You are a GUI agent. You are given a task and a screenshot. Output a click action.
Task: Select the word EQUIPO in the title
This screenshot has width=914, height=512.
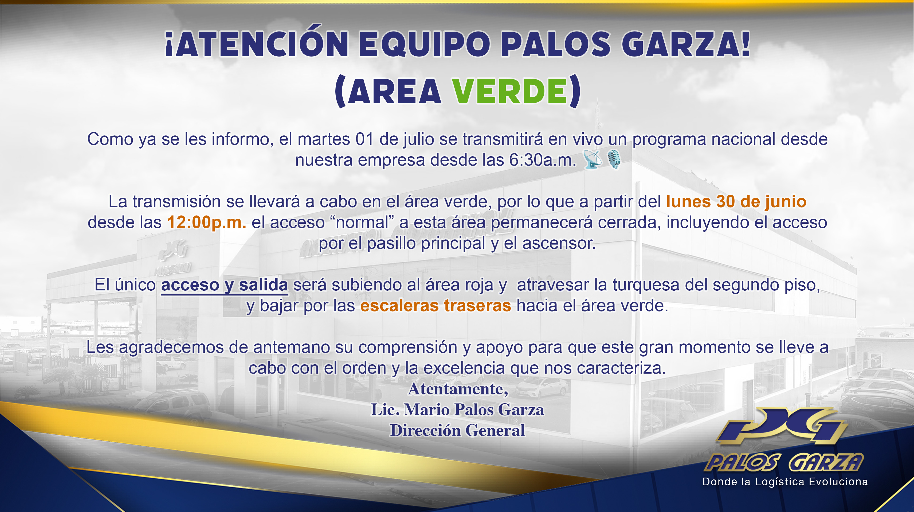point(424,44)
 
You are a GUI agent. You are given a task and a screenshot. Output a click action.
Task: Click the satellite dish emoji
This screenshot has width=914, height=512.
point(593,159)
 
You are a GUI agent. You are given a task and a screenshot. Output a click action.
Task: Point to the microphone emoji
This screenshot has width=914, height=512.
point(614,159)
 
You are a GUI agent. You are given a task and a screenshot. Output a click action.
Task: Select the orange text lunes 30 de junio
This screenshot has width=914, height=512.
point(736,202)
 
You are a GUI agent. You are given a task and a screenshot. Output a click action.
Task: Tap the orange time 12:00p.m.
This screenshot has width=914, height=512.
point(206,222)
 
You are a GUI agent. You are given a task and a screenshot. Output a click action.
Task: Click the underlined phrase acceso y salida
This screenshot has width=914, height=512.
point(224,285)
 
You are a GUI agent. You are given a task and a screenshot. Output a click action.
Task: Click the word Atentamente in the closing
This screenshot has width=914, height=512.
point(458,389)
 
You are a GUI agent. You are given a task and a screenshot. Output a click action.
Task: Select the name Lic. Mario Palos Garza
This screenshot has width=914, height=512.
point(457,410)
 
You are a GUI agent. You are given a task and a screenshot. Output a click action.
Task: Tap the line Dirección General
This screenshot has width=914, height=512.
point(457,430)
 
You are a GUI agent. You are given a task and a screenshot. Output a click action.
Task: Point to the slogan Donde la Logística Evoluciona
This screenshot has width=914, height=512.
point(785,482)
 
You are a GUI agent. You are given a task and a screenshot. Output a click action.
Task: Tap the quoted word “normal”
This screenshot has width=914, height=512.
point(362,222)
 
